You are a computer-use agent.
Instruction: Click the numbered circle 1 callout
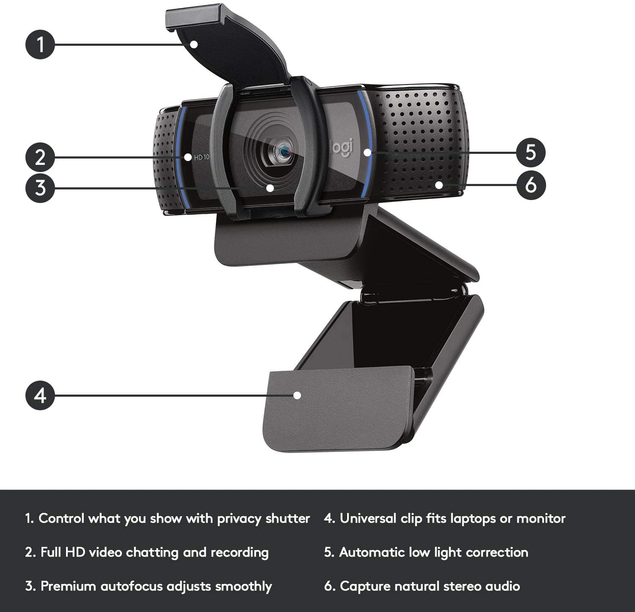point(40,44)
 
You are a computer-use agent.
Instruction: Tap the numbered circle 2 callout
point(40,157)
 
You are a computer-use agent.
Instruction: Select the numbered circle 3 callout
point(40,187)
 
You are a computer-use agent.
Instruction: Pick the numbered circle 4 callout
point(40,395)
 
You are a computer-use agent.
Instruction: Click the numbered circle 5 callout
point(531,152)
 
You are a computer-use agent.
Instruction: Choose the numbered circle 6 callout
point(531,185)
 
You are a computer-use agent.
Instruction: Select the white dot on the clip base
point(297,395)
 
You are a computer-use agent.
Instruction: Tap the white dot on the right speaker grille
point(439,185)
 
